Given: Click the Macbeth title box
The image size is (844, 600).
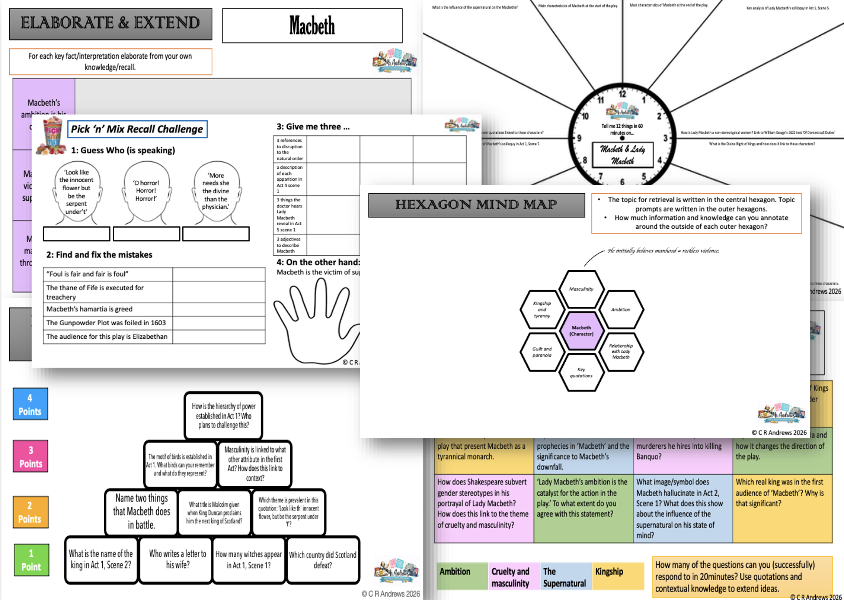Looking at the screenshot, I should (x=312, y=26).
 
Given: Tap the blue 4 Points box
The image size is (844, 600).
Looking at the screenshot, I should (x=30, y=404).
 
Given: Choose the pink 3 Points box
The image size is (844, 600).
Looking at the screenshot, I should (x=31, y=456).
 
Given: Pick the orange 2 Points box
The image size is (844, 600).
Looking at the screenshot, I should (x=31, y=512).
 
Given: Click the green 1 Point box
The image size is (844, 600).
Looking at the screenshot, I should (x=31, y=560).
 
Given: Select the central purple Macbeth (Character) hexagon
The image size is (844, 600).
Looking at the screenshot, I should (x=581, y=330).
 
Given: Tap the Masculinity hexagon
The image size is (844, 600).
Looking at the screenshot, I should (x=581, y=289).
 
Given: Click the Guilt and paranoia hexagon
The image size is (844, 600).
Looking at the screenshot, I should (x=542, y=352).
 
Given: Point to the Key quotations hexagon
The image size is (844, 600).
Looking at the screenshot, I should (x=581, y=372).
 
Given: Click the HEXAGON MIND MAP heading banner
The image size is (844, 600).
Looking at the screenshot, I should (x=476, y=205).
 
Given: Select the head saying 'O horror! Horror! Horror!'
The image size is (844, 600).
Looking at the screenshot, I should (x=146, y=192).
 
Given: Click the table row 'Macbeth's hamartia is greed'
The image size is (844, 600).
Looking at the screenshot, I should (x=107, y=309).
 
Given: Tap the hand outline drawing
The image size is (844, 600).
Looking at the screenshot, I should (x=316, y=323).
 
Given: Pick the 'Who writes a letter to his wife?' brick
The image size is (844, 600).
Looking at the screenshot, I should (x=178, y=559).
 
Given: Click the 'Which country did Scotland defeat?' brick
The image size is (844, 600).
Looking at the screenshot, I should (x=323, y=560).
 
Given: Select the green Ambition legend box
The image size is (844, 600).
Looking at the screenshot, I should (x=462, y=576).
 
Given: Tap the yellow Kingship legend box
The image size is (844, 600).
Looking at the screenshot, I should (x=617, y=576).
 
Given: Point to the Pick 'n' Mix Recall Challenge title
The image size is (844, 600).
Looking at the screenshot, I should (x=137, y=129).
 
